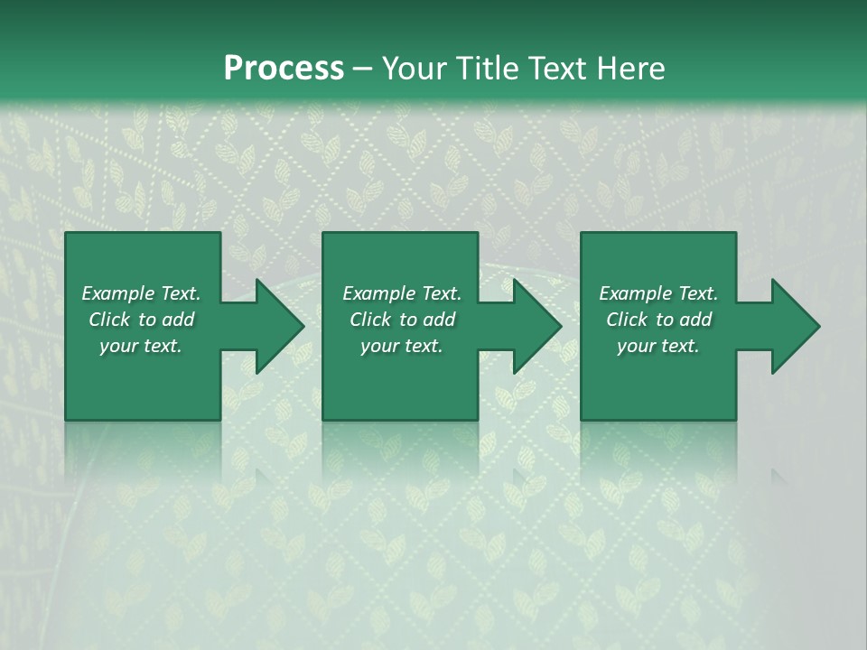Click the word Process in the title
tap(284, 69)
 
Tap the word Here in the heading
tap(630, 69)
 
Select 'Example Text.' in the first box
tap(141, 293)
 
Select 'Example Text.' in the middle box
tap(402, 293)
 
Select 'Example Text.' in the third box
tap(658, 293)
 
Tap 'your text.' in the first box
tap(141, 346)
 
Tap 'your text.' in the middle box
tap(402, 346)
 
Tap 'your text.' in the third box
tap(658, 346)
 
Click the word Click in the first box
tap(109, 320)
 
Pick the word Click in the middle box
tap(370, 320)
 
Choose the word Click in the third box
tap(627, 320)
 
